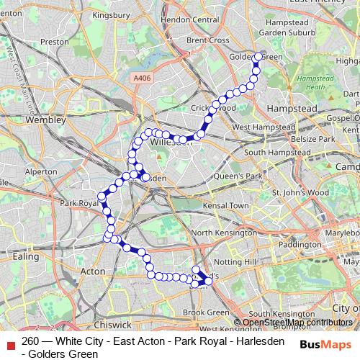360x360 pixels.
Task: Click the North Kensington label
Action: [x=225, y=233]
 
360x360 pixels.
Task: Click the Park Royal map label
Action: [x=78, y=204]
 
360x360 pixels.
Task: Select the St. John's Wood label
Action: [x=300, y=192]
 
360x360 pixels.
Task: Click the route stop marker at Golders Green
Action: [x=258, y=56]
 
